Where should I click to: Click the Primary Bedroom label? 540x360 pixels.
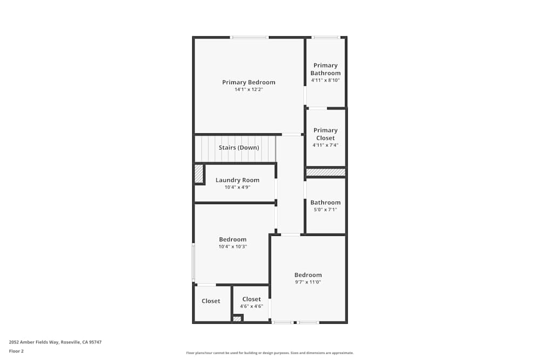248,82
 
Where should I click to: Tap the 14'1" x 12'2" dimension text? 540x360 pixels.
248,90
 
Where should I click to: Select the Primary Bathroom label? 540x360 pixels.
325,69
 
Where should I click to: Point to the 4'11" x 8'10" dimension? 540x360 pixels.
325,80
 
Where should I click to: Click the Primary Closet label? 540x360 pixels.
325,134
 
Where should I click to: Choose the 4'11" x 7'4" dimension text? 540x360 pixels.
325,145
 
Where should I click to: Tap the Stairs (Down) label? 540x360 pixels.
239,147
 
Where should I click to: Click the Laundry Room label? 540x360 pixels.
237,180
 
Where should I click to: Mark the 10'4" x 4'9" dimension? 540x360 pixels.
237,187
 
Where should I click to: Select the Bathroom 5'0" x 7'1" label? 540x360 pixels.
325,202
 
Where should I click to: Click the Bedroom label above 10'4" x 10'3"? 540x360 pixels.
232,239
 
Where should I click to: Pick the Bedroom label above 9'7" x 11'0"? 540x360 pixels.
308,275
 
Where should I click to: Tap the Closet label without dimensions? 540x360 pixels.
211,301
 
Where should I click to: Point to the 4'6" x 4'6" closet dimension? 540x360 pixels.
251,306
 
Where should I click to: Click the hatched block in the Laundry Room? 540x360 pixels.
199,174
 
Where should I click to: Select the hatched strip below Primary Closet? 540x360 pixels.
326,172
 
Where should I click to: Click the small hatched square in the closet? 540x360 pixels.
237,318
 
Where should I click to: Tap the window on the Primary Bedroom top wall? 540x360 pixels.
249,37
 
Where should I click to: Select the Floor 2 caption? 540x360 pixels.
16,351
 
